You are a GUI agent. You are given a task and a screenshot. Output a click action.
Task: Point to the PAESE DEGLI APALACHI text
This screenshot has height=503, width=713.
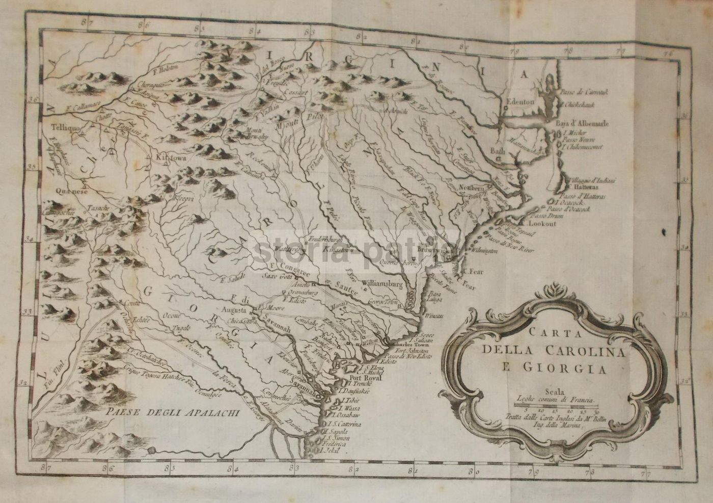click(170, 413)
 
